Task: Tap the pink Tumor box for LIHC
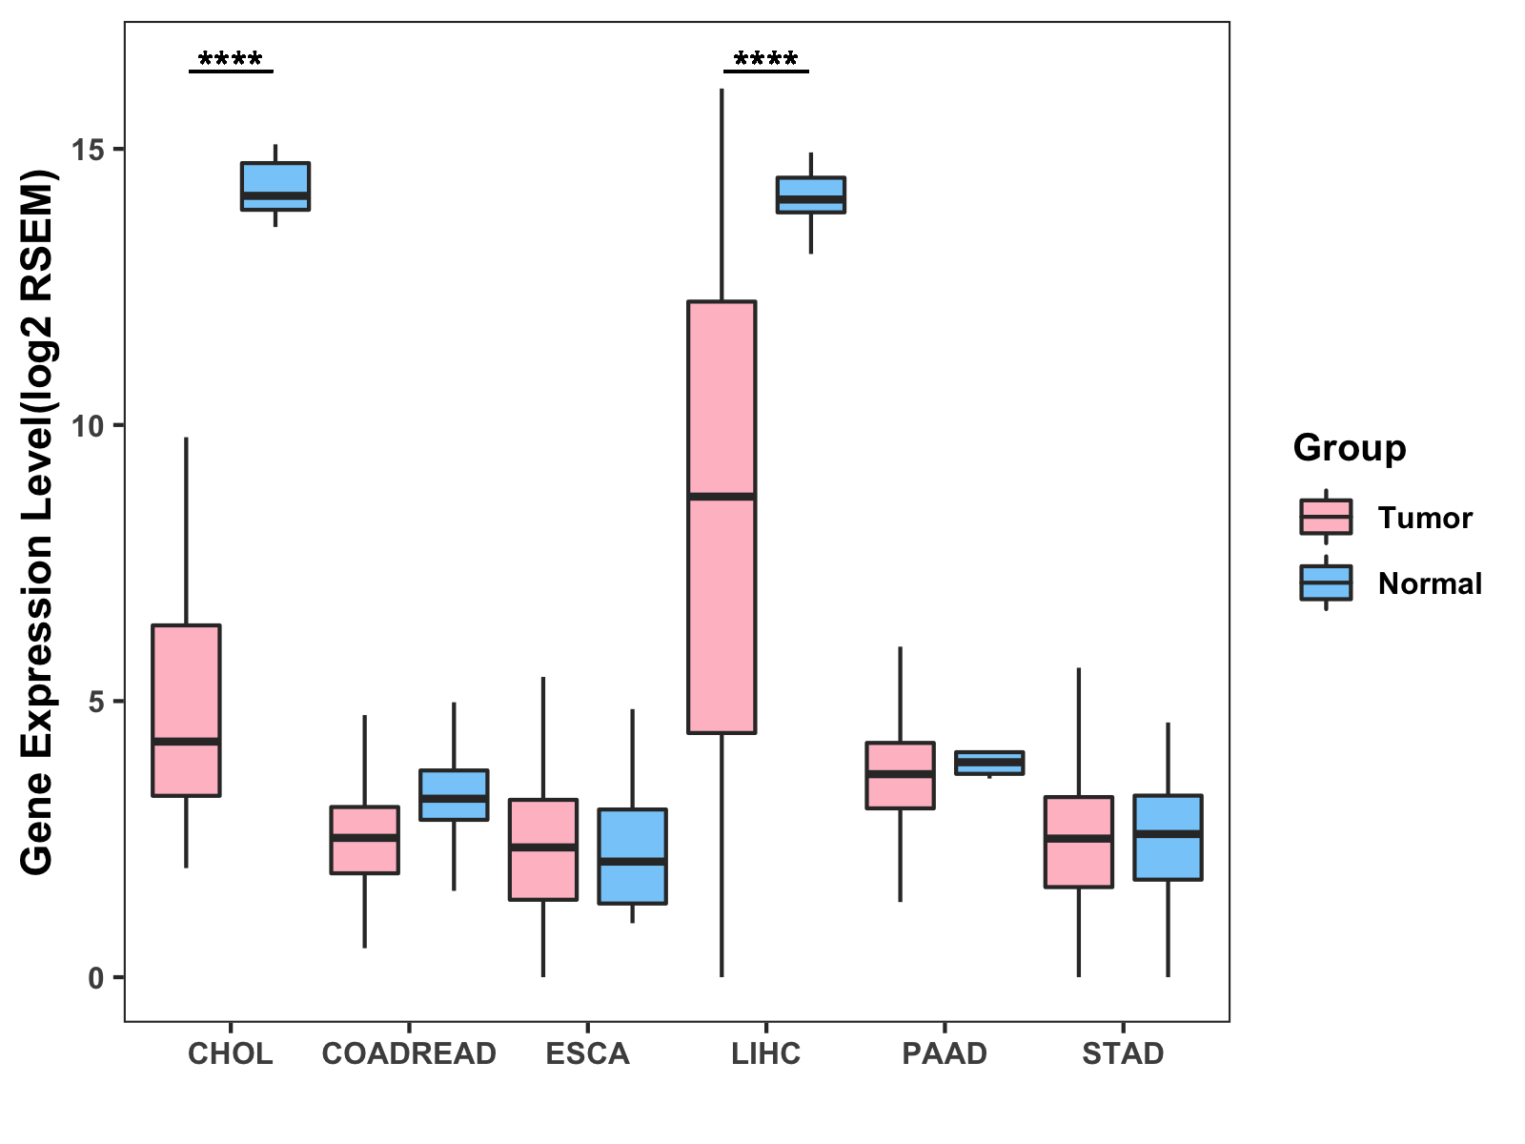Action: [722, 610]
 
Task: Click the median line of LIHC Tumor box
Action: [722, 497]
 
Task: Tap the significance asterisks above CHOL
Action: [231, 61]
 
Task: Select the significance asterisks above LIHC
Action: [766, 61]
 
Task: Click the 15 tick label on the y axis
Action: [91, 149]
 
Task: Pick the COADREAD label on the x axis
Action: [409, 1054]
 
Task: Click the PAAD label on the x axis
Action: [945, 1054]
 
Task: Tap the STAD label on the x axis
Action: [1123, 1054]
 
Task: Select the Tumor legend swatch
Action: [1326, 518]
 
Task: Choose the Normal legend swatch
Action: [1326, 582]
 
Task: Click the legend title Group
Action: [1349, 448]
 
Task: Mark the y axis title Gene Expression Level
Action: [38, 522]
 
